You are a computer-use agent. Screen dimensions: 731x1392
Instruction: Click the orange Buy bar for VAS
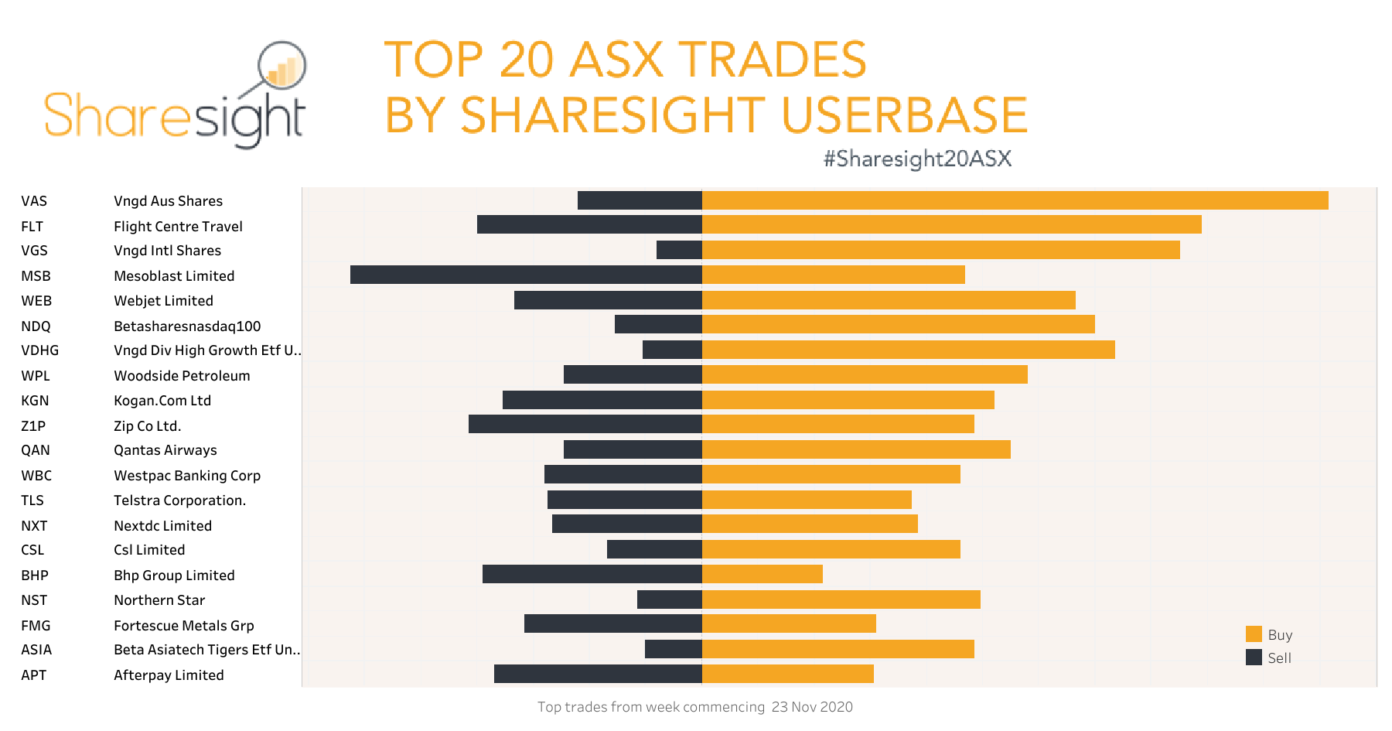coord(1015,200)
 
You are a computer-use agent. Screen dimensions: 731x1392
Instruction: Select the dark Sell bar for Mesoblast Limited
coord(526,275)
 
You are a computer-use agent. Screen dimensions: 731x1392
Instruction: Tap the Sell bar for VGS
coord(679,250)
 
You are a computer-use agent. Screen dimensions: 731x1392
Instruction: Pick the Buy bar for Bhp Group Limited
coord(762,574)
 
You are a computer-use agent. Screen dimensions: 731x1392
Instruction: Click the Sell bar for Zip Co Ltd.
coord(585,424)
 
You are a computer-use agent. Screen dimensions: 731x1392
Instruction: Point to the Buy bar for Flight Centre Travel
coord(951,224)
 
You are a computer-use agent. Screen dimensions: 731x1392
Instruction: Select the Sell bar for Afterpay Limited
coord(598,674)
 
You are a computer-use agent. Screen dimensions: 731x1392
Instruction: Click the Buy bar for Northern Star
coord(841,599)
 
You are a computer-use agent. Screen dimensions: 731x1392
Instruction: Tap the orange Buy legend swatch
coord(1254,634)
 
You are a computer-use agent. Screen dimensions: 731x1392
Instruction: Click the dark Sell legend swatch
coord(1254,658)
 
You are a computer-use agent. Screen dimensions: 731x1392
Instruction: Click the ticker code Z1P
coord(33,426)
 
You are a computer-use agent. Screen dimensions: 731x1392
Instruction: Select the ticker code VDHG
coord(39,350)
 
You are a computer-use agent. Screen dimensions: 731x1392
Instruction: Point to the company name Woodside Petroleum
coord(182,376)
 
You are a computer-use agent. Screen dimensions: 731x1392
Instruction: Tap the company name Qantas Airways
coord(165,450)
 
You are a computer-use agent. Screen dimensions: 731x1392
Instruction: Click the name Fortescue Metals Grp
coord(183,626)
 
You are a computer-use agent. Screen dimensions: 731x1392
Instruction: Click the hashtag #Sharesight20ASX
coord(917,159)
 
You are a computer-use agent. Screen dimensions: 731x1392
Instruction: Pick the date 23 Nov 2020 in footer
coord(812,707)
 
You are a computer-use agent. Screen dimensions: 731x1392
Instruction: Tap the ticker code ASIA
coord(36,650)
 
